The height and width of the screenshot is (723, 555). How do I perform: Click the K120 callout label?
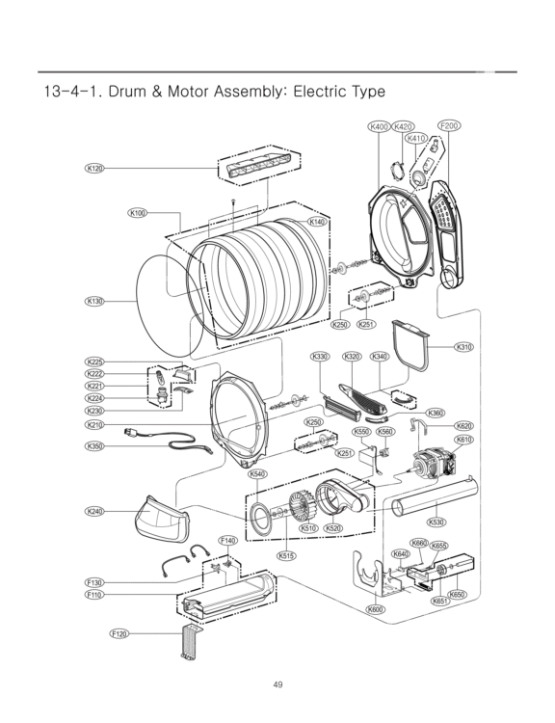pos(94,169)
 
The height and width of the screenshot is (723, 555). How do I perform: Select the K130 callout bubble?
pos(94,301)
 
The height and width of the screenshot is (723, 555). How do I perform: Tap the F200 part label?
pos(449,126)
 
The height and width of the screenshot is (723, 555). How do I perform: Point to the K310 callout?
pos(463,347)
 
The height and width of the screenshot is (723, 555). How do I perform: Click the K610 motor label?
pos(463,440)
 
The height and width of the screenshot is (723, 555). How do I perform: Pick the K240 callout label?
pos(94,511)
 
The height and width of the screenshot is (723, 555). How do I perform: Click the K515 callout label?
pos(286,555)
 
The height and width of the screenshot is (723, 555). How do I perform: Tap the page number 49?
pos(277,684)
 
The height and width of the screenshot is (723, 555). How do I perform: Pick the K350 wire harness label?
pos(94,445)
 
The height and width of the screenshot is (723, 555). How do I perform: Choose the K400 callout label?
pos(379,126)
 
